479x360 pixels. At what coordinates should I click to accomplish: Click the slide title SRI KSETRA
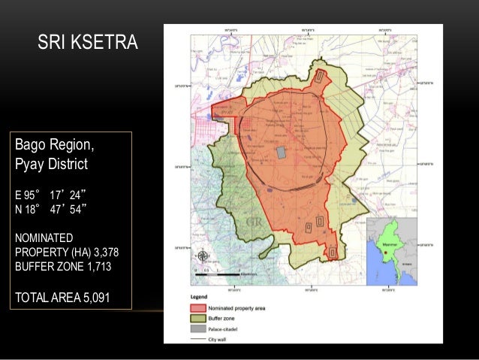[x=88, y=44]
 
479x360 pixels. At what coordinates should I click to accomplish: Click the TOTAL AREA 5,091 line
[x=62, y=297]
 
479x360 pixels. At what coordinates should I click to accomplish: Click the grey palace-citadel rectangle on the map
[x=282, y=153]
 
